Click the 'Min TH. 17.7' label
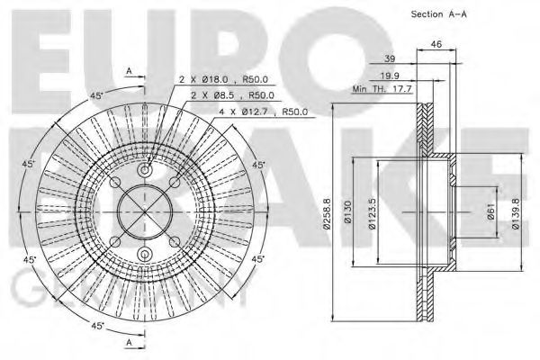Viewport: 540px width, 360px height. tap(381, 88)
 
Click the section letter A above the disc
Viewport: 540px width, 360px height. tap(129, 70)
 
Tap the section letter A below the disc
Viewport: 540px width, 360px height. tap(129, 344)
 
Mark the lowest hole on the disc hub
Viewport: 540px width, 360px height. tap(144, 255)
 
